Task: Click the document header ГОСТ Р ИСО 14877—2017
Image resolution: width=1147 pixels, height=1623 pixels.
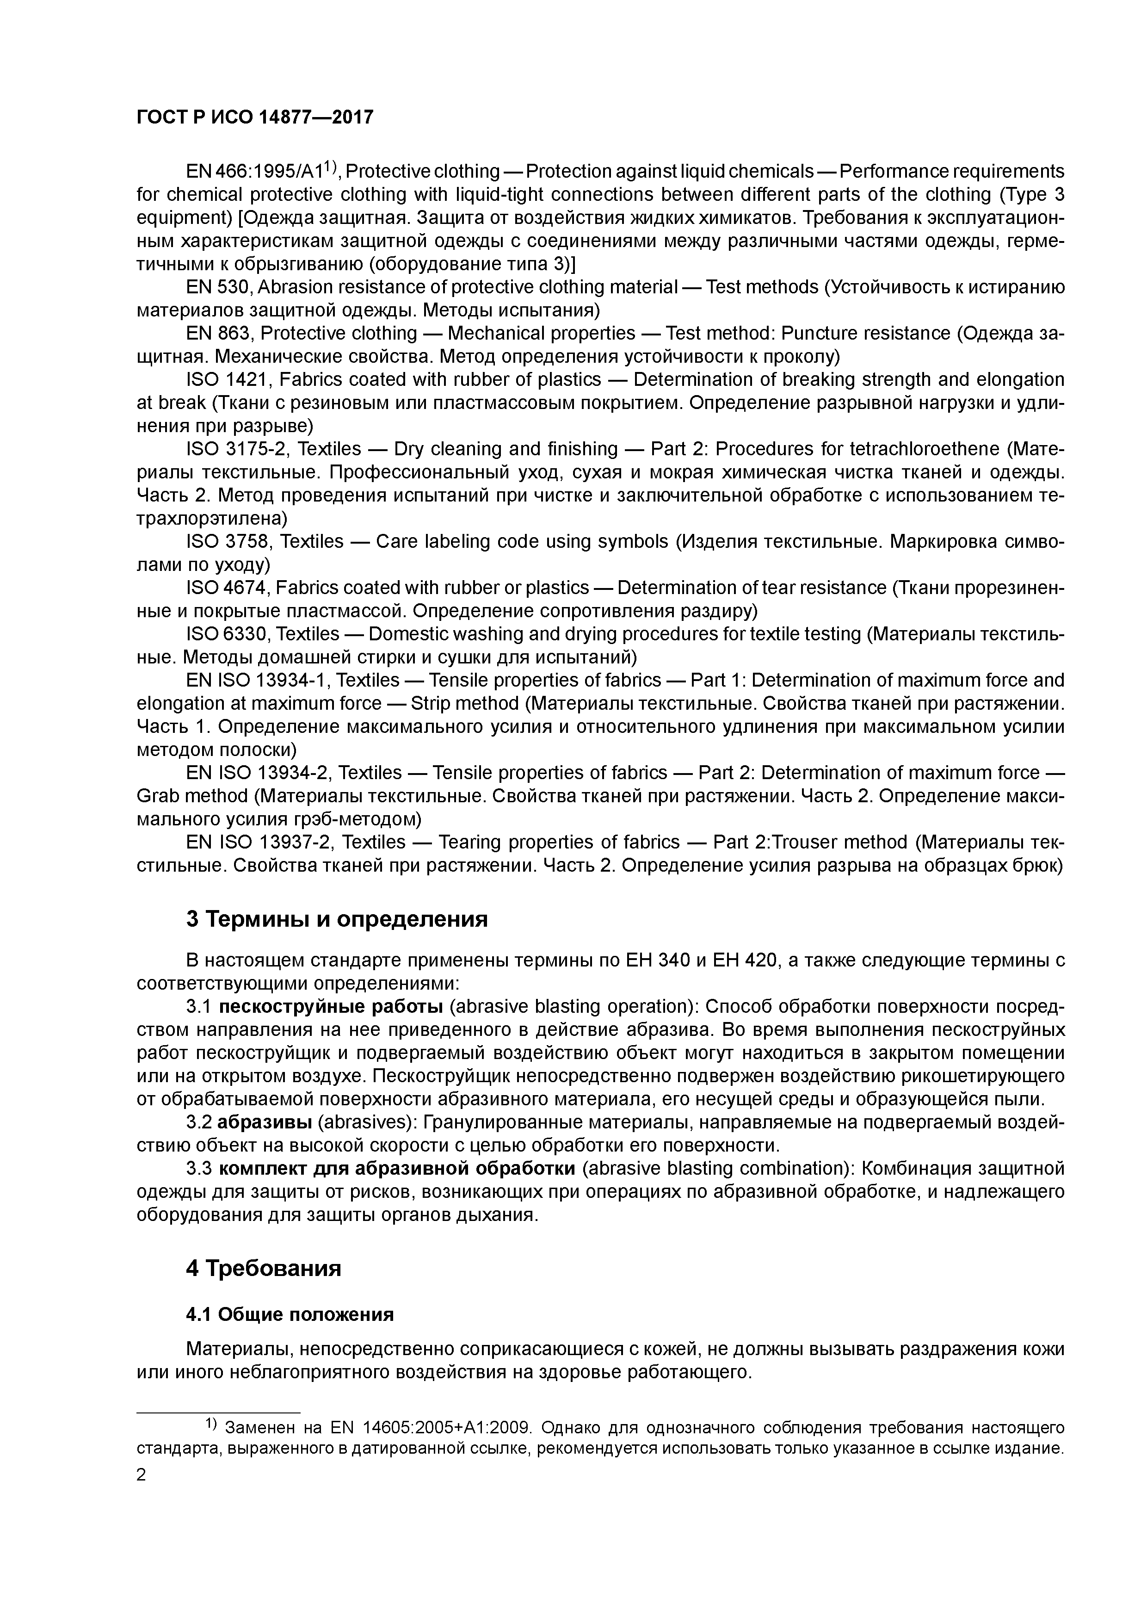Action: [x=254, y=118]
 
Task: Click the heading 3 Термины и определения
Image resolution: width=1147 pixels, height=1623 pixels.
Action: [x=337, y=919]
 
